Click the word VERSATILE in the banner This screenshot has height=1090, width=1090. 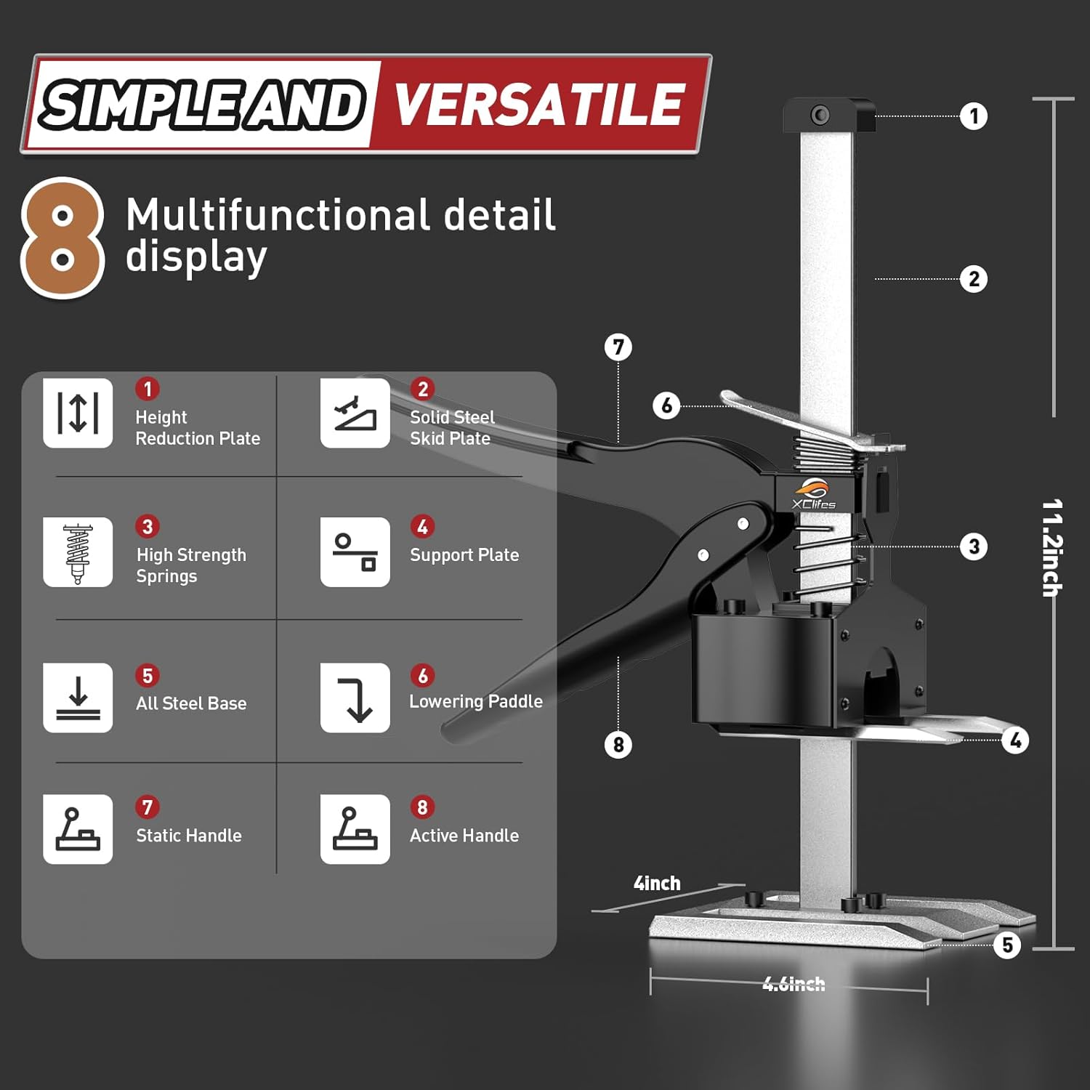(538, 104)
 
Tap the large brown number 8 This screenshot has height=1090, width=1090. (62, 238)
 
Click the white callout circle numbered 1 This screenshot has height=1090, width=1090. (974, 116)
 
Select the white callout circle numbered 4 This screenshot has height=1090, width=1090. (1015, 740)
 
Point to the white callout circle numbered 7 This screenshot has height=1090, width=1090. (618, 347)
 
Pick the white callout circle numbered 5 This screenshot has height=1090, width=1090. (1007, 945)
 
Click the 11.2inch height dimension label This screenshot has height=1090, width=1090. (1052, 548)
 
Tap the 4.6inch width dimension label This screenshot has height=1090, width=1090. (794, 984)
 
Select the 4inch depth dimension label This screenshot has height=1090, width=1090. (657, 884)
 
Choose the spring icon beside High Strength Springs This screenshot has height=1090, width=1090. (78, 552)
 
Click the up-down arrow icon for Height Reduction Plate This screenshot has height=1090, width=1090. (78, 413)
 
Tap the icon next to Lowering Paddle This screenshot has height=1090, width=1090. (355, 698)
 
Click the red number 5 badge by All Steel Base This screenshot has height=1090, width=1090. (148, 676)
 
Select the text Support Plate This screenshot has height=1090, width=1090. (464, 555)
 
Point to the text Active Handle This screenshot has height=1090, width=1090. (464, 836)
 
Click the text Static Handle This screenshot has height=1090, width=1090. (189, 836)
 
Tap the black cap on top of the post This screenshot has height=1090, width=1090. (829, 115)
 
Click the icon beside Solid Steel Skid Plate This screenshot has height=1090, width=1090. (355, 413)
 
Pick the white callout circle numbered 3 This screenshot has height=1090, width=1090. (974, 546)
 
